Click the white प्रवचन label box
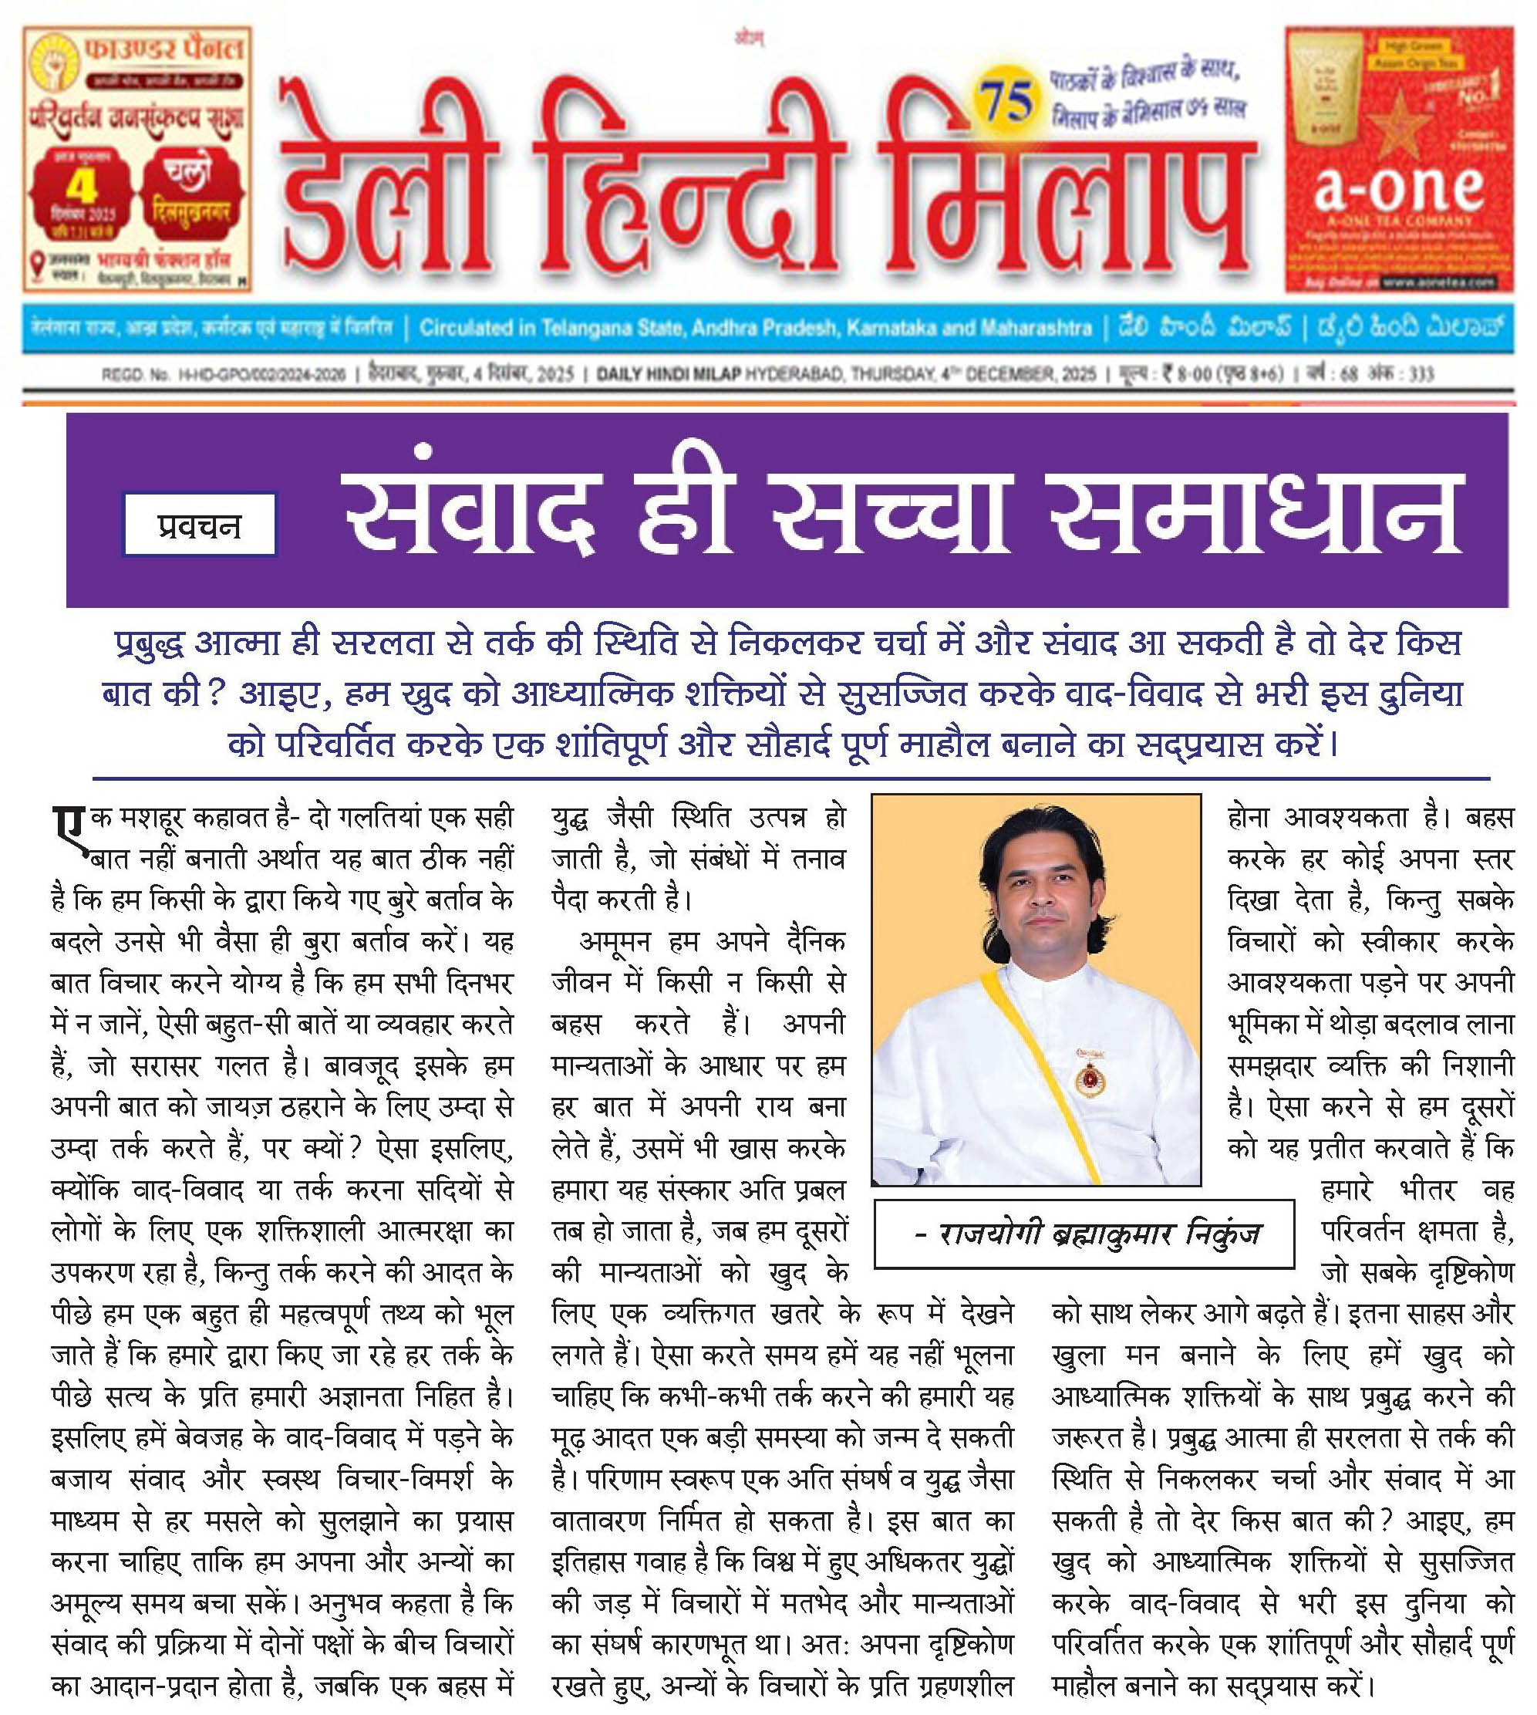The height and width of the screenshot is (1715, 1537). (199, 525)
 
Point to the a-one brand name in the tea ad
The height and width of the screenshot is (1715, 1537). (1397, 187)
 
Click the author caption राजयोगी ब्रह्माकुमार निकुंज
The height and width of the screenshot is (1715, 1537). (1086, 1234)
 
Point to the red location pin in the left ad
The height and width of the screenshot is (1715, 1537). (36, 262)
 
